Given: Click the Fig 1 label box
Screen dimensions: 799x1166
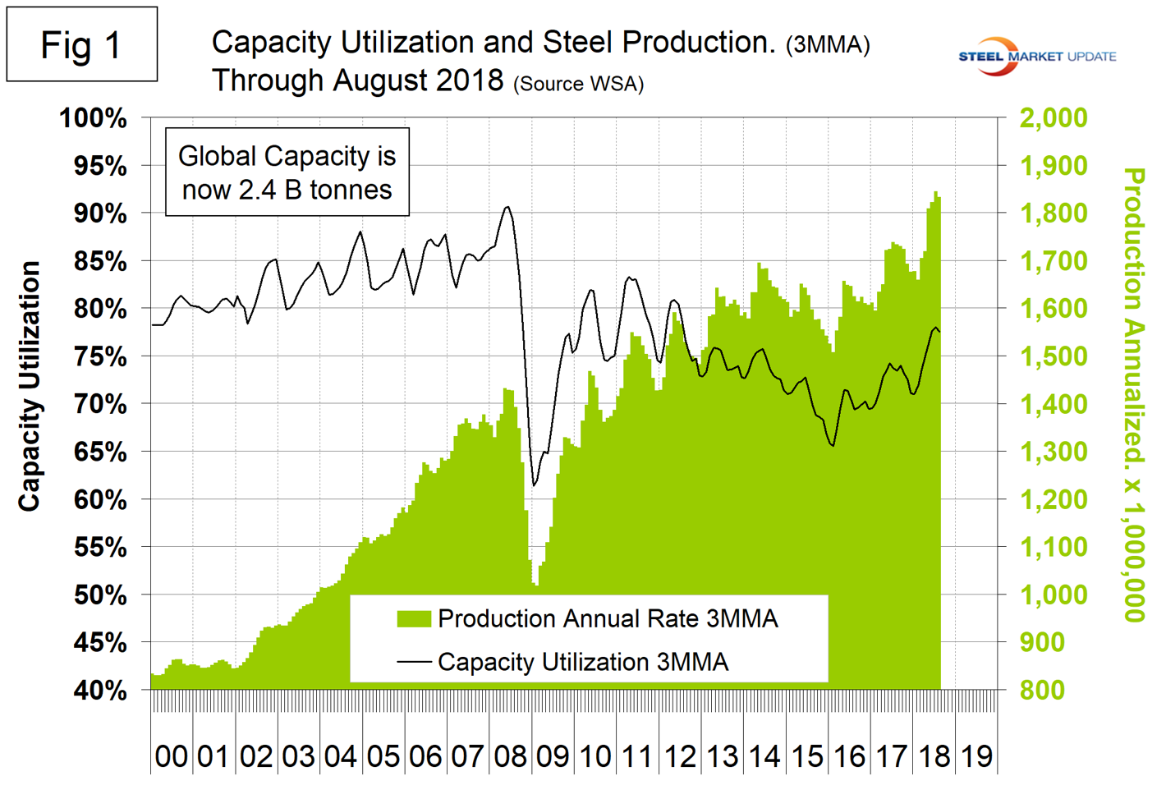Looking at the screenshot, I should pos(81,44).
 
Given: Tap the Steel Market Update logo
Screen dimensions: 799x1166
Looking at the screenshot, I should pos(1037,57).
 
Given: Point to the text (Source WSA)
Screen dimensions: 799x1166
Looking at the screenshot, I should pos(578,84).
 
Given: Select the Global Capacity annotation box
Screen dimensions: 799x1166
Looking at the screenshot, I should pos(287,172).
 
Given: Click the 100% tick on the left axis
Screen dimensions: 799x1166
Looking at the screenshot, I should pos(94,118).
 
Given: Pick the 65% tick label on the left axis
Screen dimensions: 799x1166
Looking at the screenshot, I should pos(100,452).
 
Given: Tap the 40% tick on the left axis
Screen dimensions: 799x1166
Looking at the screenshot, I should pos(100,691).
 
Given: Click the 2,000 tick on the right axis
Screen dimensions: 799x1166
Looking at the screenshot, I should pos(1053,118).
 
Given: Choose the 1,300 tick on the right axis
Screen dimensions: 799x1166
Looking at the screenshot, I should pos(1053,452).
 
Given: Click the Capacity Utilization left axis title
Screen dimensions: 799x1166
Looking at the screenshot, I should pos(30,386).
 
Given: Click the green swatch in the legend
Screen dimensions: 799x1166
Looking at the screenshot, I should pos(414,619).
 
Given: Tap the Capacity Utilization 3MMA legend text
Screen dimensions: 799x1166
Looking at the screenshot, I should pos(583,662).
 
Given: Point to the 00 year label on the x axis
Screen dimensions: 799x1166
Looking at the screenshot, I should pos(172,756).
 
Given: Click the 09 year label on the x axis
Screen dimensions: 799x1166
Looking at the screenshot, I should pos(553,756).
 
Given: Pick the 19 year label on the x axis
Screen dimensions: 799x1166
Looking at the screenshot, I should pos(977,756).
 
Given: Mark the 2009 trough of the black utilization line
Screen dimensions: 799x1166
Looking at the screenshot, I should pos(535,485).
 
